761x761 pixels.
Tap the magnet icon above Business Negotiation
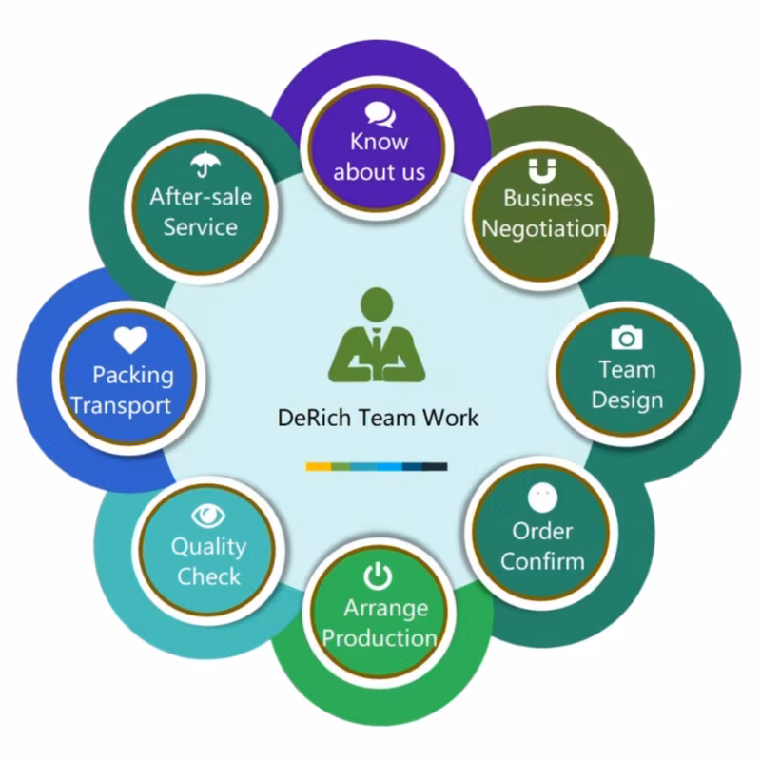tap(540, 170)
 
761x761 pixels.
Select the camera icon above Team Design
tap(626, 337)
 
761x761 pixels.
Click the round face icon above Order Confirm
tap(541, 496)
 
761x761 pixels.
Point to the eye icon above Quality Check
tap(207, 516)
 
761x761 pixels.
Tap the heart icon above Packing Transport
tap(130, 340)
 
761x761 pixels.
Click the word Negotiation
tap(544, 228)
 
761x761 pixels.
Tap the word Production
tap(380, 636)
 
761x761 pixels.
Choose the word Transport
tap(122, 405)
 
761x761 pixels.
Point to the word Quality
tap(208, 547)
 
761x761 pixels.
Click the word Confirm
tap(542, 560)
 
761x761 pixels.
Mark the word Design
tap(627, 399)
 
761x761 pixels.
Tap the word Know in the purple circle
tap(379, 142)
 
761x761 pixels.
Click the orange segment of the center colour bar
tap(318, 467)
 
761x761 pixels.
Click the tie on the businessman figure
tap(378, 340)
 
